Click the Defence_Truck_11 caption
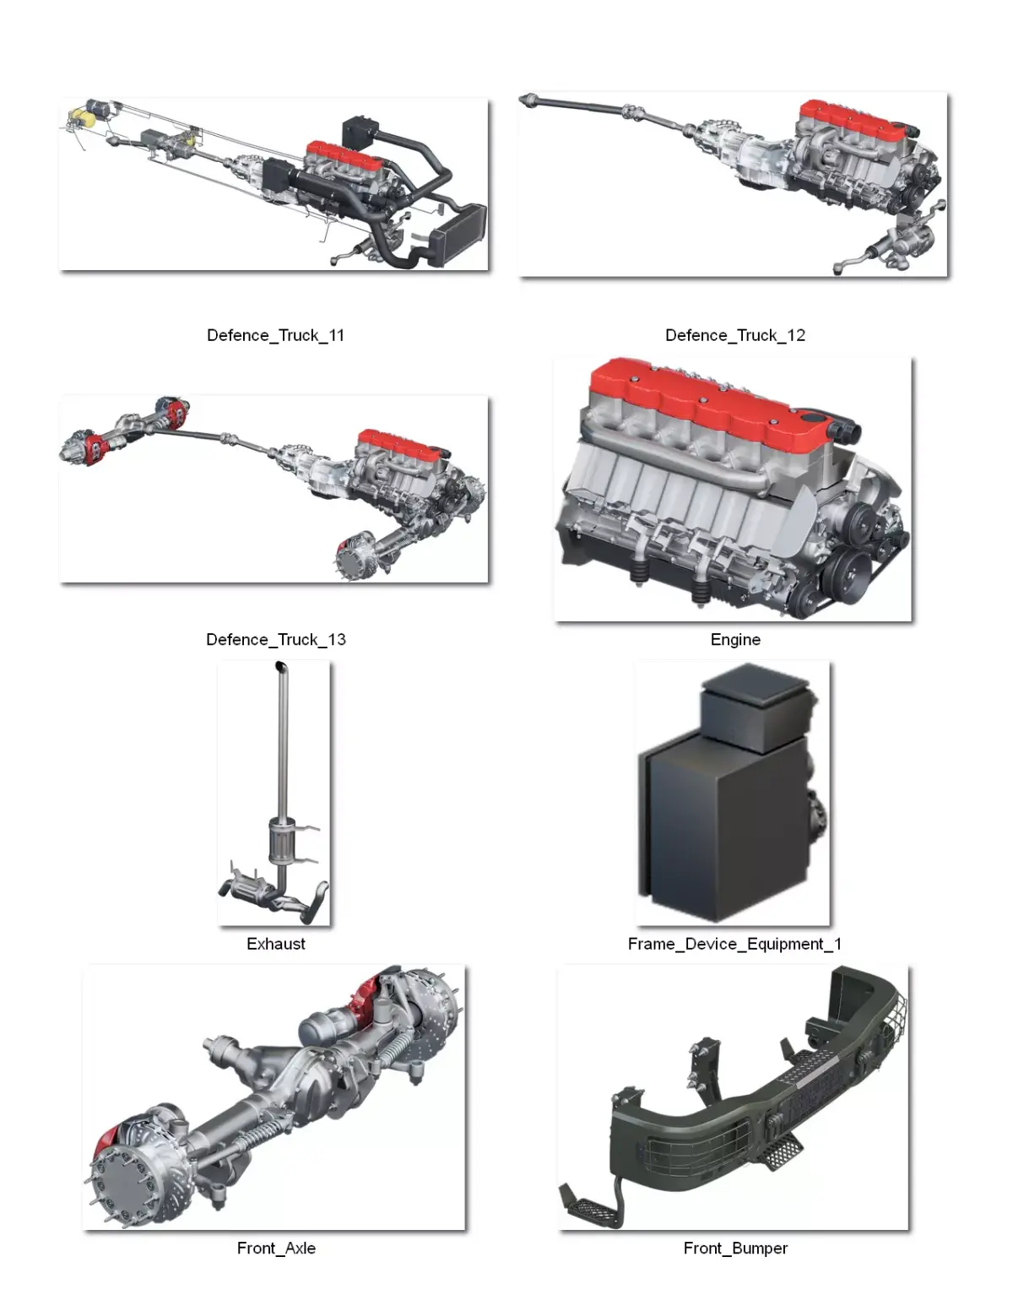click(x=276, y=335)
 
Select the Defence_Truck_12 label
click(x=735, y=335)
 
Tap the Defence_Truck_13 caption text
click(x=276, y=640)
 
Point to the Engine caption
click(x=735, y=640)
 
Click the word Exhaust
click(x=276, y=944)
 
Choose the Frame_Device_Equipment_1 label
click(x=734, y=944)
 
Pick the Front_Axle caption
click(x=276, y=1248)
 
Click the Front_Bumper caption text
click(x=735, y=1248)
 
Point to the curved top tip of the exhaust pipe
click(x=280, y=667)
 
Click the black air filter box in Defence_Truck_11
click(x=359, y=133)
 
